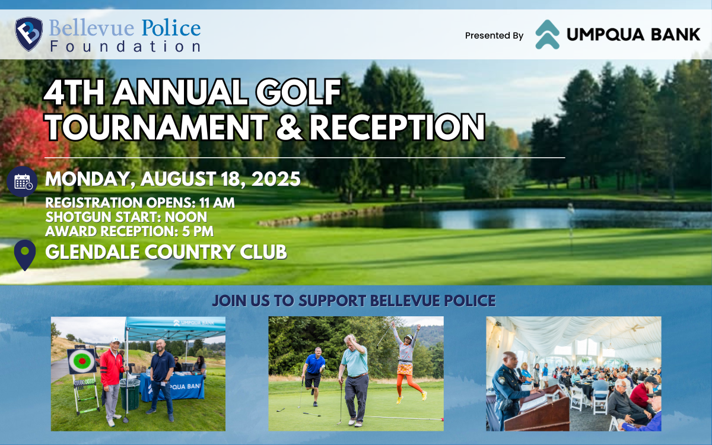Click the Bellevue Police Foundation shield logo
coord(29,34)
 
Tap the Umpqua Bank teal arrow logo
coord(547,34)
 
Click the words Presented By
coord(494,36)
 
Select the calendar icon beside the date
coord(23,182)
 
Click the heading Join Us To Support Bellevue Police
coord(354,300)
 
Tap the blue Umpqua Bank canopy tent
coord(176,327)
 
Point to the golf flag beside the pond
coord(571,217)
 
